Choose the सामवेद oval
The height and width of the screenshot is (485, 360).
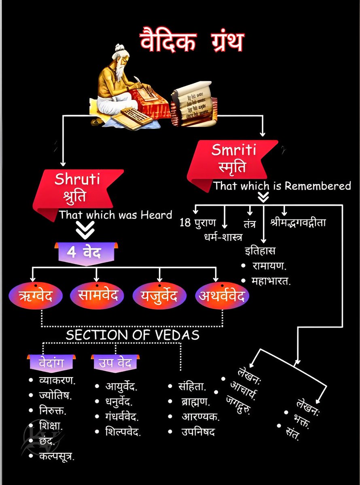coord(96,296)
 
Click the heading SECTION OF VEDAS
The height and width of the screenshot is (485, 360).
coord(133,335)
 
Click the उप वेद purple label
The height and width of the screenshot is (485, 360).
coord(114,363)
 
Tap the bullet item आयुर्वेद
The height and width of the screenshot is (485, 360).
coord(122,387)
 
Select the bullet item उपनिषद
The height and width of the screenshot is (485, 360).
coord(198,432)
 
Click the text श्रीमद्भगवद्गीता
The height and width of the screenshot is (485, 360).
coord(298,222)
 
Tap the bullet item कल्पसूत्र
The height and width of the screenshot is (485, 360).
coord(57,457)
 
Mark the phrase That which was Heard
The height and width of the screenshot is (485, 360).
coord(116,215)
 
